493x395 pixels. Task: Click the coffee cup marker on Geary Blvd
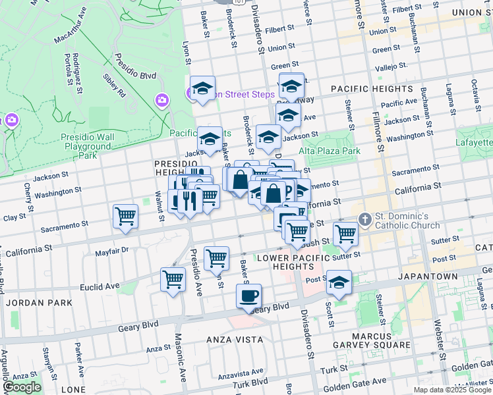point(248,296)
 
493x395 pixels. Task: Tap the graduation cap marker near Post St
point(339,283)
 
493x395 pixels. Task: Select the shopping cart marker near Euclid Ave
point(173,279)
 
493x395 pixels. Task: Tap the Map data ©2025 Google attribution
point(452,390)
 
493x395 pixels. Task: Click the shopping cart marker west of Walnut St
point(125,216)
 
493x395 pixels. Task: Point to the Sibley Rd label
point(113,86)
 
